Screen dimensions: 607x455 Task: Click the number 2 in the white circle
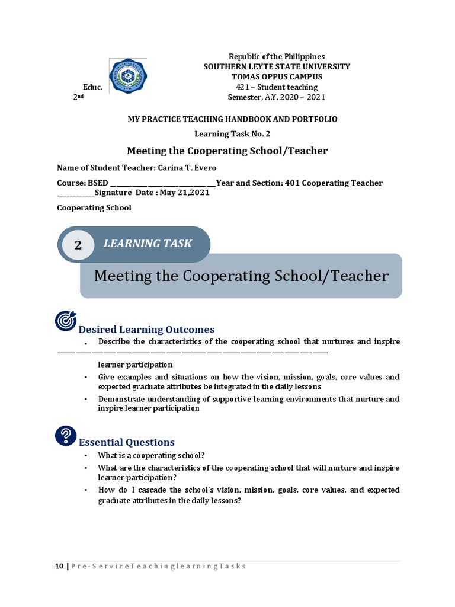point(78,245)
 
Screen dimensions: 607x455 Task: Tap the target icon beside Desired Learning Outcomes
point(65,320)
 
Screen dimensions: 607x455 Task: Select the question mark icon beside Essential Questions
point(65,435)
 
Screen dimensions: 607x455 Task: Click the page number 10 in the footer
point(59,566)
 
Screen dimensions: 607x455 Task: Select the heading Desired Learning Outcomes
point(146,330)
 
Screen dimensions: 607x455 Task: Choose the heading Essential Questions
point(126,442)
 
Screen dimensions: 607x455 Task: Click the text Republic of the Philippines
point(277,56)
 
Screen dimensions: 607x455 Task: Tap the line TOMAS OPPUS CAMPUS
point(277,76)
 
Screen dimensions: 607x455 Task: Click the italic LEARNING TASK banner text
point(148,244)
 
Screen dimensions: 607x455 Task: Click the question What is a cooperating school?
point(151,456)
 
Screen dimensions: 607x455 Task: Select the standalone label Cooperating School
point(94,208)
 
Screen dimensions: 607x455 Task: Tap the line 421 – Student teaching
point(277,87)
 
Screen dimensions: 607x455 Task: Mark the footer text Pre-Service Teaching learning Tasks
point(158,566)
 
